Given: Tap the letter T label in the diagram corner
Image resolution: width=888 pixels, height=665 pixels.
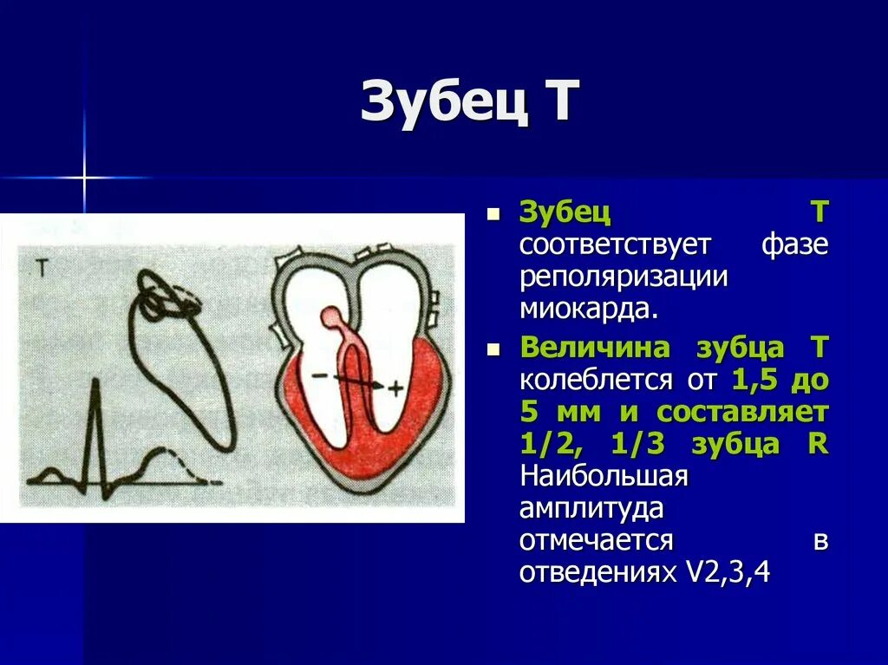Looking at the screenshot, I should coord(42,268).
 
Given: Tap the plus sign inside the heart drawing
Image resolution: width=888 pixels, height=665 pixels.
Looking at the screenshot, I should coord(395,388).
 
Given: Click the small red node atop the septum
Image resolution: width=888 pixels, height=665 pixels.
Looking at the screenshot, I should coord(331,317).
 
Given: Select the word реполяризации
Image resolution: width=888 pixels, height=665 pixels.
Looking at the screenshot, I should coord(623,277).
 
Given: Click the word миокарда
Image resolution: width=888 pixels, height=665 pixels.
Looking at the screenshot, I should coord(587,309).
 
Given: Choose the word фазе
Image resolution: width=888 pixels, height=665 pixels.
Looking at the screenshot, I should coord(794,244).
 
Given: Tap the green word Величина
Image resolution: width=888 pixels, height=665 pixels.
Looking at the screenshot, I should coord(595,349).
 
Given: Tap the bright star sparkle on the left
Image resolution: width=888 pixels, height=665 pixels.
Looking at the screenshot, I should coord(84,179).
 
